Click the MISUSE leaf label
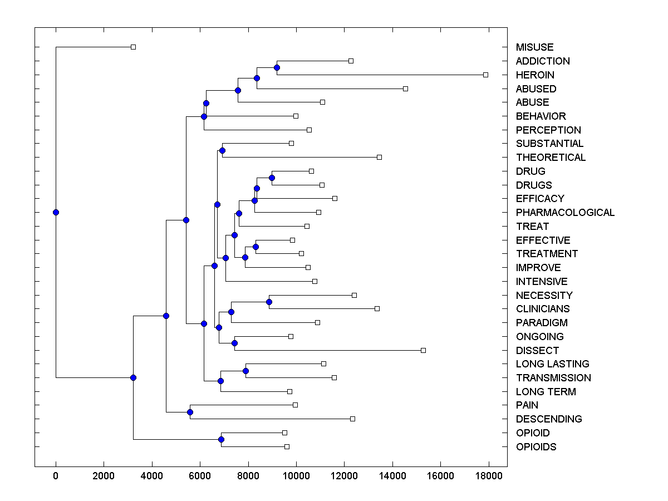pyautogui.click(x=534, y=47)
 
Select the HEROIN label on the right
pyautogui.click(x=535, y=75)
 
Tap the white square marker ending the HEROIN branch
pyautogui.click(x=485, y=75)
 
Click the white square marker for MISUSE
pyautogui.click(x=133, y=47)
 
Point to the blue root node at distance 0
pyautogui.click(x=56, y=212)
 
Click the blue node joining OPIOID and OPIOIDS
pyautogui.click(x=221, y=440)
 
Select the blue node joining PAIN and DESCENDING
pyautogui.click(x=190, y=412)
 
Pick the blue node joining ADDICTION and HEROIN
pyautogui.click(x=277, y=67)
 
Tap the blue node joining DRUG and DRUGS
pyautogui.click(x=272, y=178)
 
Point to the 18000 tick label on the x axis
pyautogui.click(x=489, y=475)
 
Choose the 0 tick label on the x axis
pyautogui.click(x=56, y=475)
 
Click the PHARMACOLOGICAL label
pyautogui.click(x=565, y=213)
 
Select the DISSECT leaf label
pyautogui.click(x=537, y=351)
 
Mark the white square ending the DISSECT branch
pyautogui.click(x=423, y=350)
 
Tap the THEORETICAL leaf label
pyautogui.click(x=551, y=158)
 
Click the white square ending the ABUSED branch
pyautogui.click(x=405, y=89)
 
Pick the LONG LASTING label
pyautogui.click(x=552, y=364)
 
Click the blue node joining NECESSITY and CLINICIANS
pyautogui.click(x=269, y=302)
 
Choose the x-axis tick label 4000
pyautogui.click(x=152, y=475)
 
